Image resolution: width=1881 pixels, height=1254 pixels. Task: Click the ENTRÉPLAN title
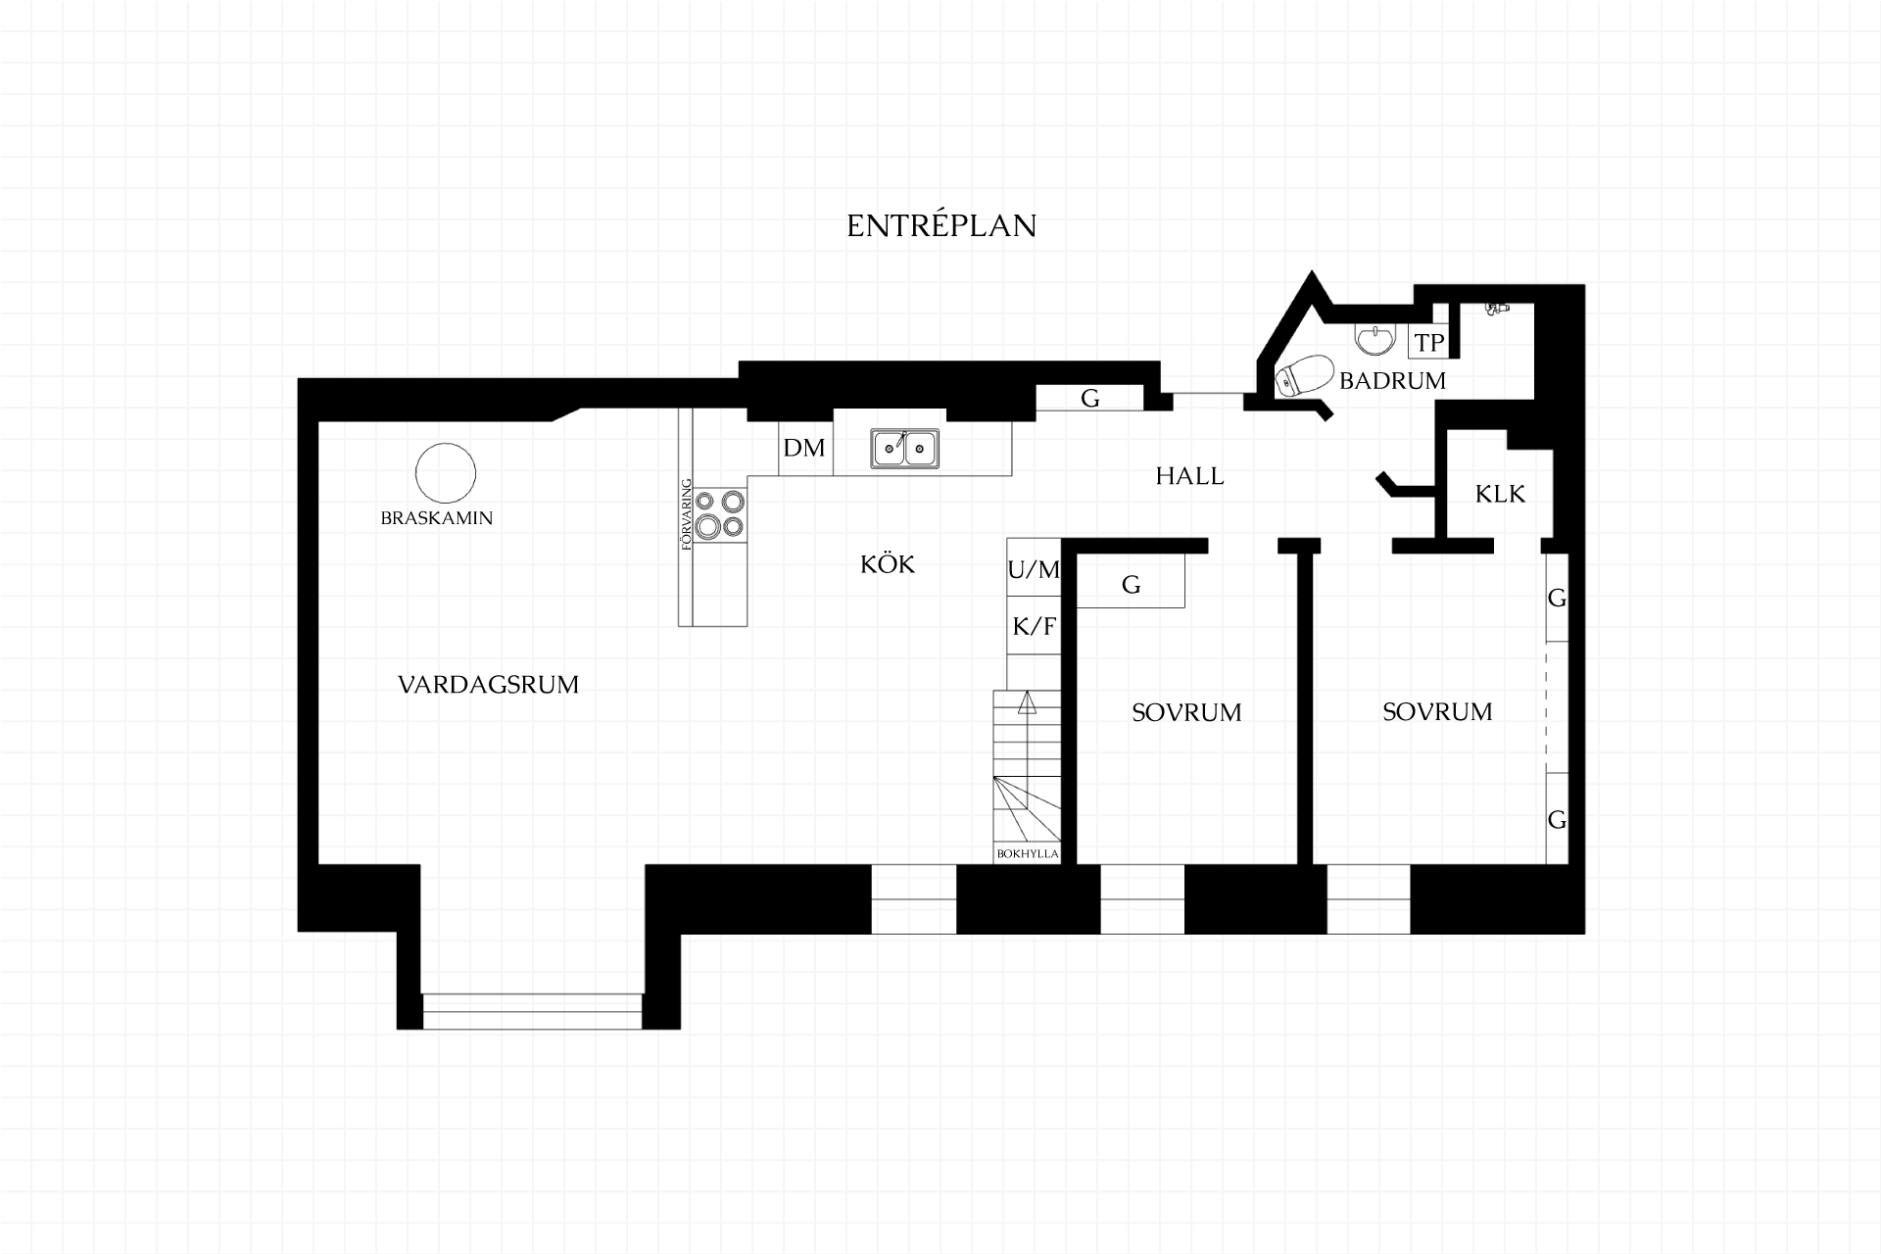click(x=941, y=225)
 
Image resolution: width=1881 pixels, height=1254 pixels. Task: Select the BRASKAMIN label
click(x=437, y=518)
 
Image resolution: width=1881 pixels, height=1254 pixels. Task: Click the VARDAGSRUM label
click(x=488, y=685)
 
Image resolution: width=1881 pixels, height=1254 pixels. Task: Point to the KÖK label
click(x=888, y=564)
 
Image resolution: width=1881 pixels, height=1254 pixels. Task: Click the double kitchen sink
click(x=904, y=449)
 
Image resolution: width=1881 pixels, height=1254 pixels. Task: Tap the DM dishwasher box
click(x=805, y=448)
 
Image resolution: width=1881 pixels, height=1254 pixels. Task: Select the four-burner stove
click(x=720, y=514)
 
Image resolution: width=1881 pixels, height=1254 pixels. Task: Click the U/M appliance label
click(x=1034, y=569)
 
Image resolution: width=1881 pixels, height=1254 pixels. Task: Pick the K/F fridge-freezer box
click(x=1034, y=625)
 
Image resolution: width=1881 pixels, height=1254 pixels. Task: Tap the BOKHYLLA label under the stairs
click(x=1028, y=853)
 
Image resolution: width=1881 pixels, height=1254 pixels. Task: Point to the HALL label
click(x=1189, y=476)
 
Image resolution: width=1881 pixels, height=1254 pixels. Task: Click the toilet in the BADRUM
click(x=1304, y=376)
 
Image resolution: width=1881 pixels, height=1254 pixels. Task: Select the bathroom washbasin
click(x=1375, y=339)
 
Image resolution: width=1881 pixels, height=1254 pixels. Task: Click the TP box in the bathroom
click(x=1429, y=341)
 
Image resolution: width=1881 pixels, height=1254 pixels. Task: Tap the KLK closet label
click(x=1500, y=494)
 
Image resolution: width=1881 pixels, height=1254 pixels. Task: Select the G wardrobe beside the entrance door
click(x=1090, y=398)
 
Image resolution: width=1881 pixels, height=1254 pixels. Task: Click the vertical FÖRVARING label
click(x=686, y=514)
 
